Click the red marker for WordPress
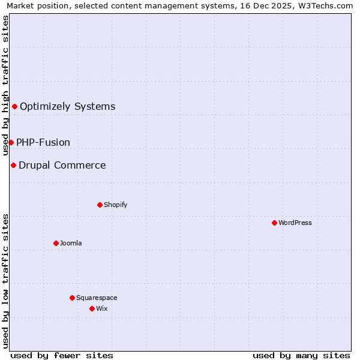point(274,223)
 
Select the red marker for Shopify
point(100,205)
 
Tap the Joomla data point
point(56,243)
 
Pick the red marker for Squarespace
point(72,298)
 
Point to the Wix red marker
point(92,308)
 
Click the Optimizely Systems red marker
point(14,107)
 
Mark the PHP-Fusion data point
point(11,142)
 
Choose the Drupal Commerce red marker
point(13,165)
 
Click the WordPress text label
point(295,223)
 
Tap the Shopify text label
point(116,205)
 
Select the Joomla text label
point(71,243)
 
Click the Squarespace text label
point(97,298)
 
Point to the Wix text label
point(102,308)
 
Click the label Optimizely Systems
point(67,107)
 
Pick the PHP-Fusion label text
point(43,142)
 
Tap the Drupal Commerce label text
point(62,165)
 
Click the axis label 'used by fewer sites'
point(62,355)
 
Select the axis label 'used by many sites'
point(301,355)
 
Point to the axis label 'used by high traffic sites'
point(6,85)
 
